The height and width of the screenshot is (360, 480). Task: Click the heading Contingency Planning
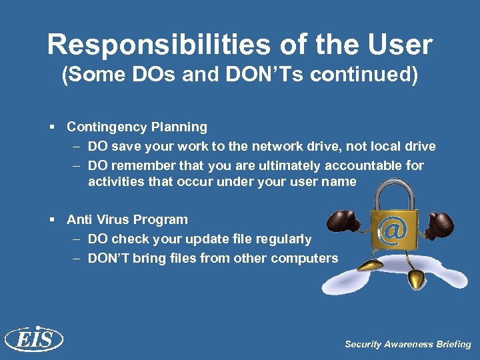click(137, 127)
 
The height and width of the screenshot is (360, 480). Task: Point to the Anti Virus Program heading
click(127, 219)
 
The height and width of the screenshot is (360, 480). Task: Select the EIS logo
click(33, 339)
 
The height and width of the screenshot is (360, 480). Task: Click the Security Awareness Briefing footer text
click(407, 344)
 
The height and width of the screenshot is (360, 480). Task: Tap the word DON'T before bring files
click(111, 258)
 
